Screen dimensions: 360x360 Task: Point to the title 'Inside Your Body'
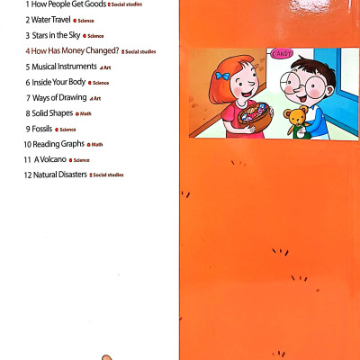(x=58, y=82)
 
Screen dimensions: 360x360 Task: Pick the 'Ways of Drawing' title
(x=60, y=97)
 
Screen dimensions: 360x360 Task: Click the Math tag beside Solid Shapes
(x=85, y=114)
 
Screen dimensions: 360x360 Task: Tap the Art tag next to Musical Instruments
(x=106, y=67)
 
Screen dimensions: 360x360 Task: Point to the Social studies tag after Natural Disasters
(x=107, y=175)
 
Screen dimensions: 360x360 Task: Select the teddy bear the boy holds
(x=296, y=121)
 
